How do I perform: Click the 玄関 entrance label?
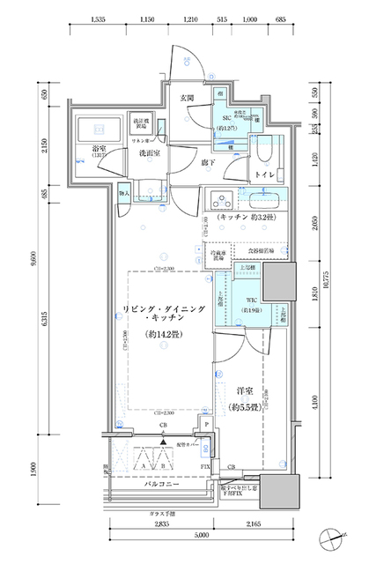coord(188,98)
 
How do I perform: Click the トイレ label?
coord(263,174)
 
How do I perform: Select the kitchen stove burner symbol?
coord(219,197)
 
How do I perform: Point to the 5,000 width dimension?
coord(202,533)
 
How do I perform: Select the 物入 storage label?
coord(125,193)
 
